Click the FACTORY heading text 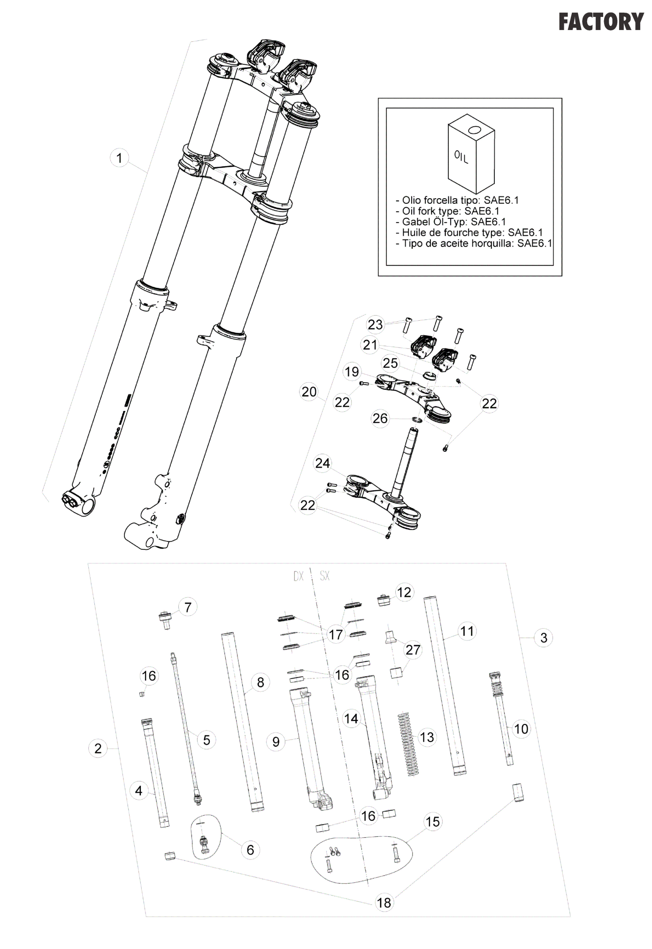tap(601, 22)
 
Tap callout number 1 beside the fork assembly tap(119, 158)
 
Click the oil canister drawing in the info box tap(471, 153)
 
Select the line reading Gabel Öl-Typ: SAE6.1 tap(451, 222)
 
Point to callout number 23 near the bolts tap(376, 324)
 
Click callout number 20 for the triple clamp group tap(309, 392)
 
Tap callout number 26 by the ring tap(380, 418)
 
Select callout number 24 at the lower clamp tap(322, 463)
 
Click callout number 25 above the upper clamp tap(390, 363)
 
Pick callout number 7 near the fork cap tap(188, 607)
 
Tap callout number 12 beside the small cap tap(404, 592)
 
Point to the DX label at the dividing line tap(299, 576)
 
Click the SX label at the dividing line tap(325, 576)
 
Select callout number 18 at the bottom tap(384, 903)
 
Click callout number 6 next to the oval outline tap(250, 849)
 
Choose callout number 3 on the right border tap(544, 638)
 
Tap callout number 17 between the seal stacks tap(336, 635)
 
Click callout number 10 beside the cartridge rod tap(521, 729)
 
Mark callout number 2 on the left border tap(98, 748)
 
